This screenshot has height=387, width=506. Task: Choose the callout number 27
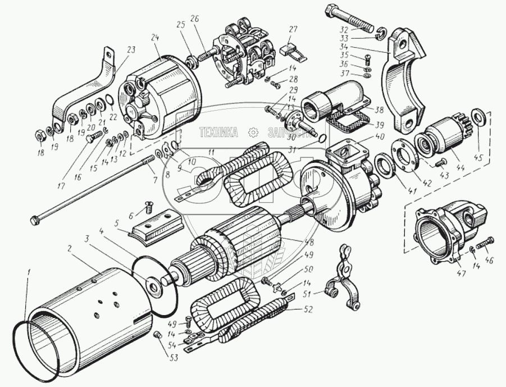[294, 29]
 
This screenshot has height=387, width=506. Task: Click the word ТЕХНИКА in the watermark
[218, 131]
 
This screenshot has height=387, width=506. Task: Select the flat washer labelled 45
[480, 117]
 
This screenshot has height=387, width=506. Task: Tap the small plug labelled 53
[158, 335]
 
